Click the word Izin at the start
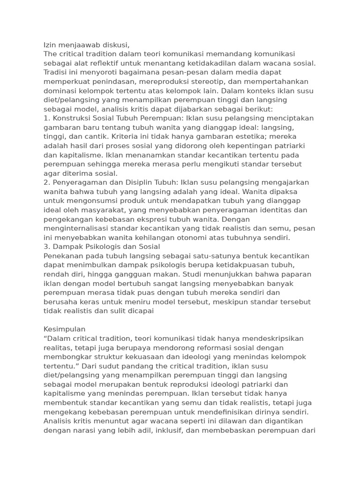coord(50,45)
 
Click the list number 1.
coord(45,118)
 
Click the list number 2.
coord(46,182)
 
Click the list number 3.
coord(46,247)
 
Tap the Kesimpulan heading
coord(65,329)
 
